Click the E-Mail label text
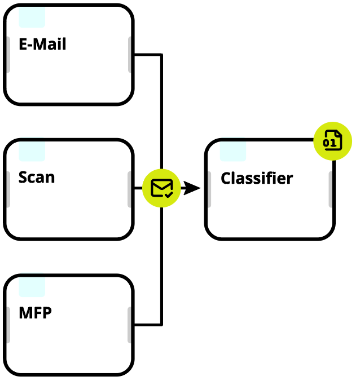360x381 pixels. point(42,45)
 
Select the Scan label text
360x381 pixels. point(37,178)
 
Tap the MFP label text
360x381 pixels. point(35,312)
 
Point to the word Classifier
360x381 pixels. point(257,179)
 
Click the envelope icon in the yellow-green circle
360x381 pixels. point(161,188)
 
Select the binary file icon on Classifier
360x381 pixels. point(332,141)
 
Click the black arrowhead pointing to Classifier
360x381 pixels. point(192,188)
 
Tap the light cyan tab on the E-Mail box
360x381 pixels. point(32,17)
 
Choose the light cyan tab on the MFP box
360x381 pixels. point(32,286)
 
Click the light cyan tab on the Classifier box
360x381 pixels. point(233,152)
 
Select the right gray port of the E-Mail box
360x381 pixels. point(131,55)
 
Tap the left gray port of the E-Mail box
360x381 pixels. point(7,55)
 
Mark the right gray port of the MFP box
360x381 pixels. point(131,325)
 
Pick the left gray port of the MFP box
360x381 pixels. point(7,325)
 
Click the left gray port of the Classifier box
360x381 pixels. point(208,189)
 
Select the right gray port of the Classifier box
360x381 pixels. point(331,189)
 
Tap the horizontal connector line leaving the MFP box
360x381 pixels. point(148,325)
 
